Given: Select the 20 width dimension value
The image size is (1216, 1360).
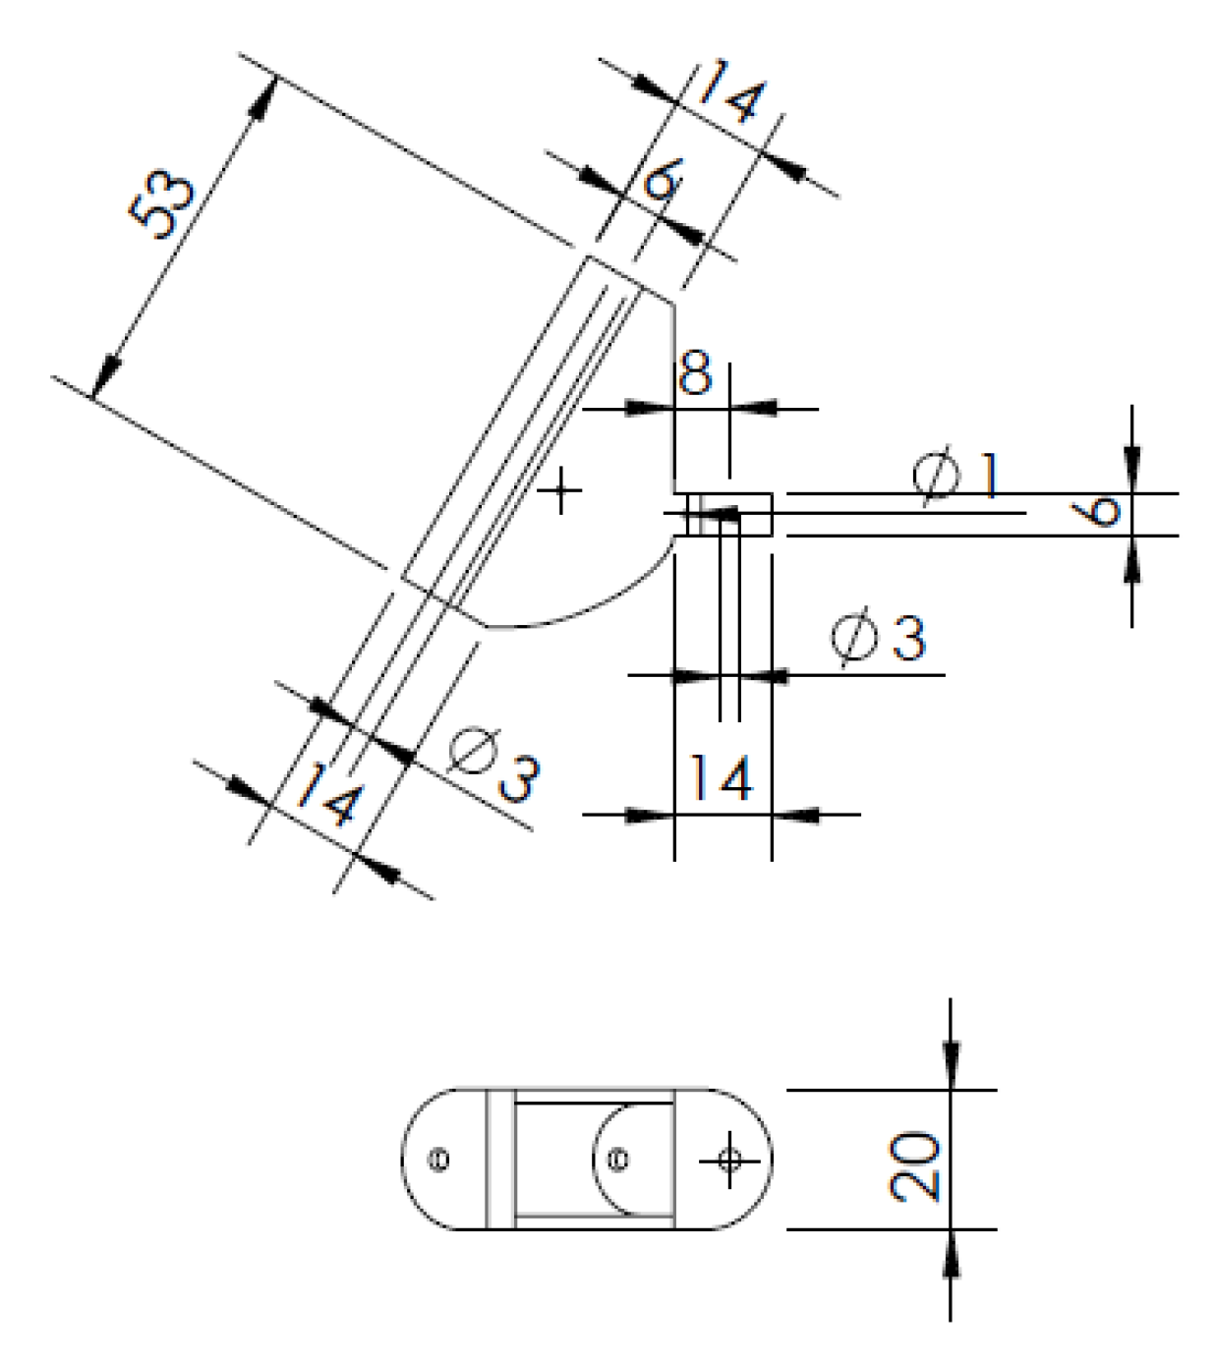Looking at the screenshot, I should [915, 1165].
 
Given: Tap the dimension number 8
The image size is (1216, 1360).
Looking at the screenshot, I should [696, 374].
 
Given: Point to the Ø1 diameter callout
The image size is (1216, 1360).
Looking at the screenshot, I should [955, 476].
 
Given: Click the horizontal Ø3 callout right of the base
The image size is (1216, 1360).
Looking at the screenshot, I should [878, 638].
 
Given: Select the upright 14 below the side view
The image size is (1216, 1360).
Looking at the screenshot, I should [722, 779].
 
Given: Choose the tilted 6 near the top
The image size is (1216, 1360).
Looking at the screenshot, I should [663, 181].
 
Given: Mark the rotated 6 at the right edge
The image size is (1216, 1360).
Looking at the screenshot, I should [1100, 511].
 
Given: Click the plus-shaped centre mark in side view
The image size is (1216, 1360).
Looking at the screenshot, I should [561, 489].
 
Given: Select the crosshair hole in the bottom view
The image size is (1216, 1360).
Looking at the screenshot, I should [729, 1161].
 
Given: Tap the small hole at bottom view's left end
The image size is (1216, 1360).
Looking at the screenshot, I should [440, 1161].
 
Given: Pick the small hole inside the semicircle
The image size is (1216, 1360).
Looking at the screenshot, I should [618, 1161].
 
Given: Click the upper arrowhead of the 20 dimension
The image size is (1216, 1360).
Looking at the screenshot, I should [950, 1062].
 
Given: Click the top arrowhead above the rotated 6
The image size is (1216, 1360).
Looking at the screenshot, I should [1132, 463].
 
